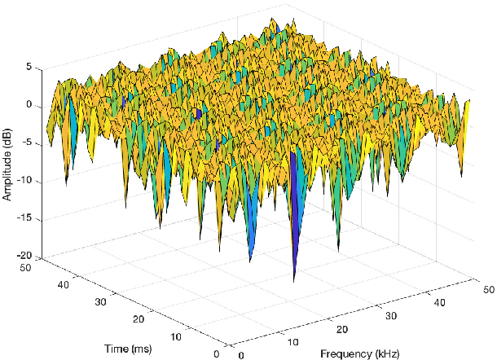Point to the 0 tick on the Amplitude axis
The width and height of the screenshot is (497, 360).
point(29,105)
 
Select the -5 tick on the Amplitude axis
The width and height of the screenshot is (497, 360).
point(26,143)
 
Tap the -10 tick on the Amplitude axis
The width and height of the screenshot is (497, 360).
point(24,181)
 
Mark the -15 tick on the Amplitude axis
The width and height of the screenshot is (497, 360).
point(24,218)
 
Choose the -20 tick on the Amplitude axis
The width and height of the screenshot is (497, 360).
point(24,256)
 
